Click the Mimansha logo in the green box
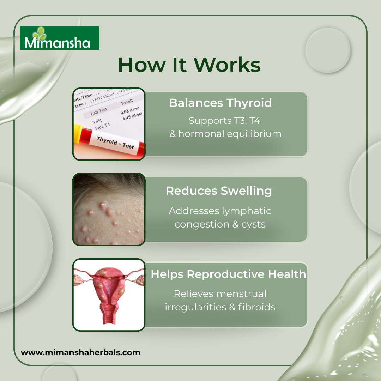[59, 38]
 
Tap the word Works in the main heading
[227, 65]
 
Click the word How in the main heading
[142, 65]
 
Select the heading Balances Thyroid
[220, 103]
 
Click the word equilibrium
[254, 134]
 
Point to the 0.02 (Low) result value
[130, 110]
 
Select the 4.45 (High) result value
[132, 116]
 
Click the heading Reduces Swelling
[219, 191]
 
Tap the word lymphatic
[247, 211]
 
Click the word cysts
[253, 224]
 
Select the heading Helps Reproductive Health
[228, 274]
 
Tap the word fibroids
[257, 307]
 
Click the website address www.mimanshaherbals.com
[80, 352]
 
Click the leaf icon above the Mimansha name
[40, 34]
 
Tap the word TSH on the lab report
[97, 121]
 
